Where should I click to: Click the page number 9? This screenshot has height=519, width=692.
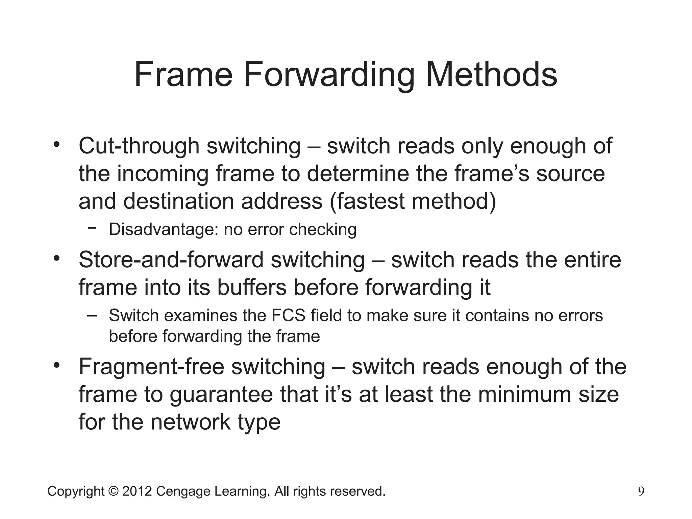tap(641, 491)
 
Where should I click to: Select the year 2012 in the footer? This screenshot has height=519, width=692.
tap(137, 491)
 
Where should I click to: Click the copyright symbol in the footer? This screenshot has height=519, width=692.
tap(113, 491)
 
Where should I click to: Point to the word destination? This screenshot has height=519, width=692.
tap(179, 201)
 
